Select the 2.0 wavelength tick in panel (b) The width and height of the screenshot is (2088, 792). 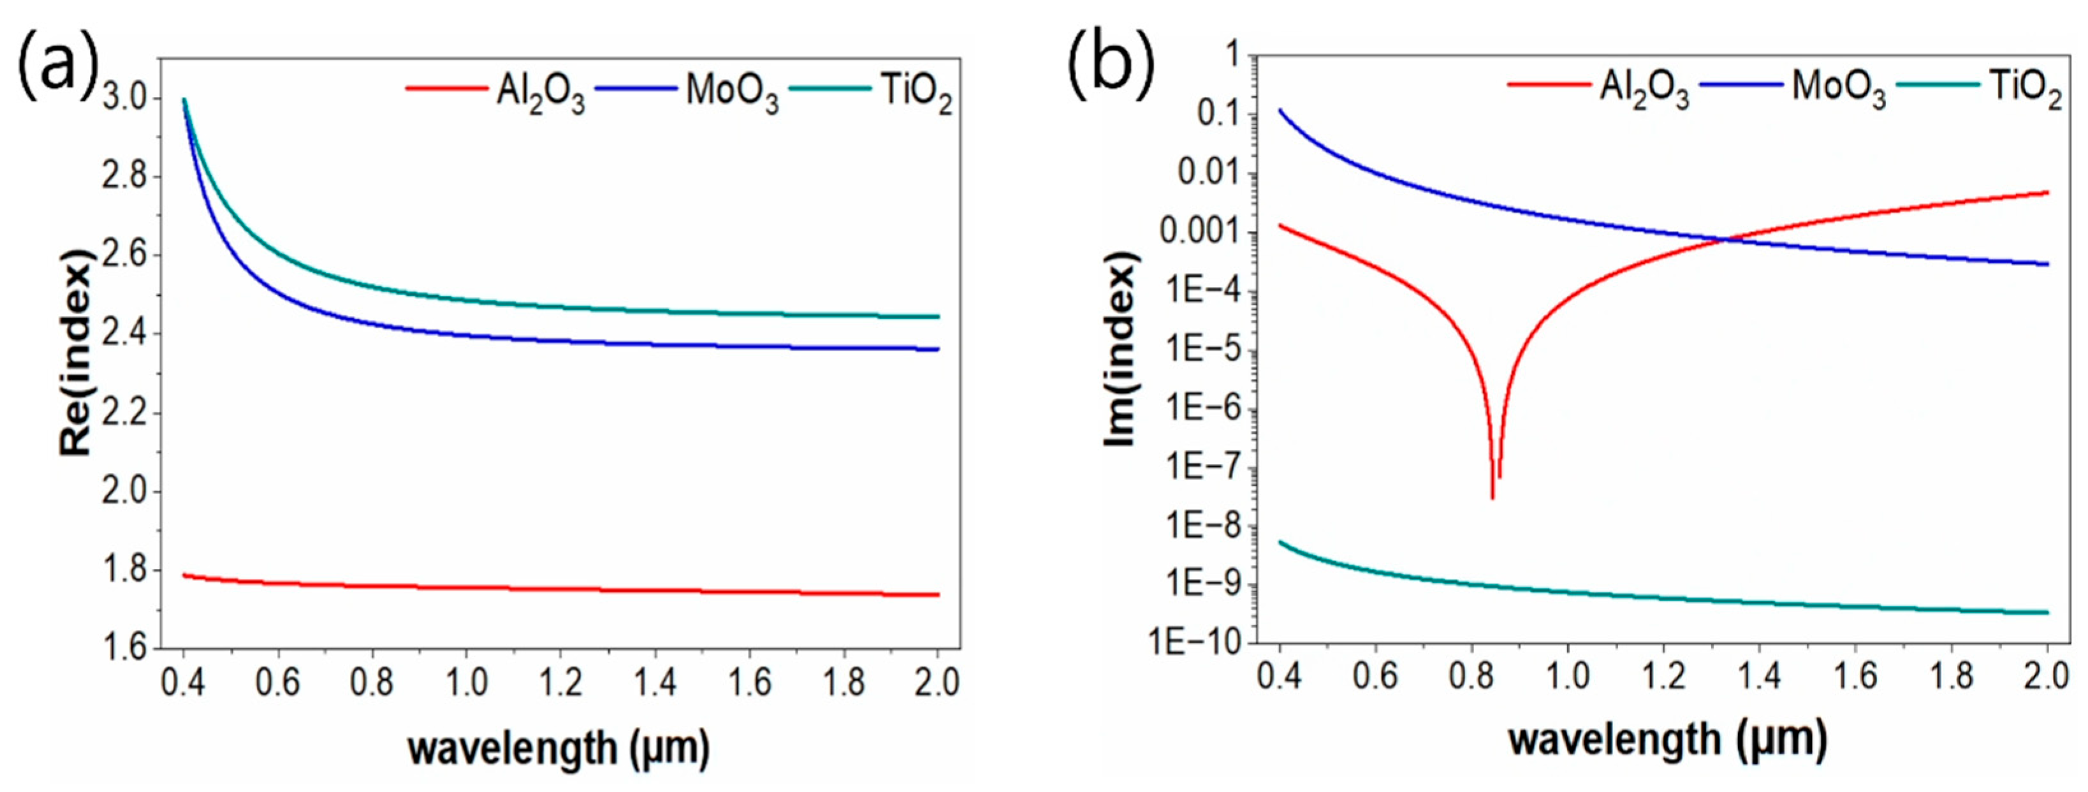tap(2047, 675)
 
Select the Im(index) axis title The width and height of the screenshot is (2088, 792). tap(1122, 349)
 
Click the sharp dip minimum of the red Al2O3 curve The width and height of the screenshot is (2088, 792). tap(1493, 498)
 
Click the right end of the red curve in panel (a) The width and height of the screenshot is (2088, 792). tap(938, 594)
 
